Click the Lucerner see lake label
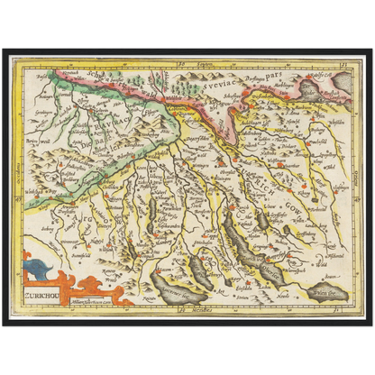(177, 289)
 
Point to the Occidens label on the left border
(17, 185)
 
